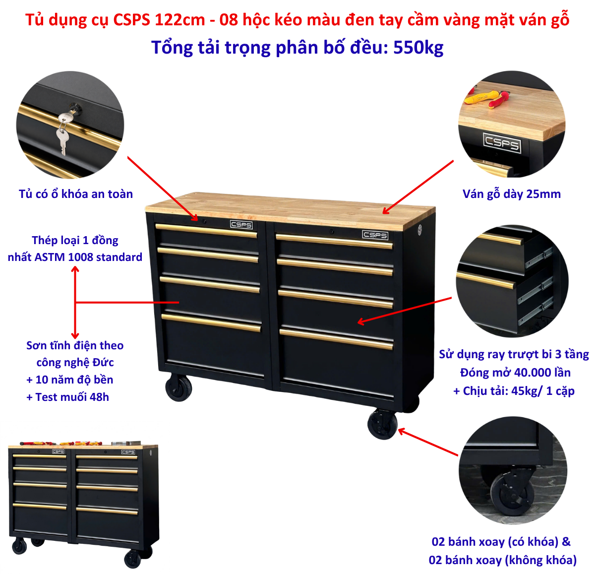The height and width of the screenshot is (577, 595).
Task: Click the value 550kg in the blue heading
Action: click(x=418, y=48)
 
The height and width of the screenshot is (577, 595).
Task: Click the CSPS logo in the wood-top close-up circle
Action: click(x=502, y=142)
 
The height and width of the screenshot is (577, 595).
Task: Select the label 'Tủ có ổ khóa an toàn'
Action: click(x=75, y=194)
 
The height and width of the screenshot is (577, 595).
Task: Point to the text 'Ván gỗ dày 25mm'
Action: click(x=511, y=194)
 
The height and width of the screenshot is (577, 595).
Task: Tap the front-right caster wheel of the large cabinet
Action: click(x=382, y=424)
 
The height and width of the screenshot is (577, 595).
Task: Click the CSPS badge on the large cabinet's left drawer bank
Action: click(x=241, y=225)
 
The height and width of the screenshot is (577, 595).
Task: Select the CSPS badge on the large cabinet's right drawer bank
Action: click(x=375, y=235)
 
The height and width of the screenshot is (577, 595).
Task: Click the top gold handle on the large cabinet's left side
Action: click(x=206, y=230)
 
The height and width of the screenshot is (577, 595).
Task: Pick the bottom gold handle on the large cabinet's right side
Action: click(x=336, y=339)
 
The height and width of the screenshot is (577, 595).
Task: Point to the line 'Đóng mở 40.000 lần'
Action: click(x=515, y=372)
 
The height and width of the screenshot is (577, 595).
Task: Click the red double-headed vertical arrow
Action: click(x=75, y=303)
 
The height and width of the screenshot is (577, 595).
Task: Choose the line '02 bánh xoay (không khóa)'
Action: click(x=502, y=560)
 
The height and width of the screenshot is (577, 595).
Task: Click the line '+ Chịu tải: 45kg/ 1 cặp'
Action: click(x=514, y=390)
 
